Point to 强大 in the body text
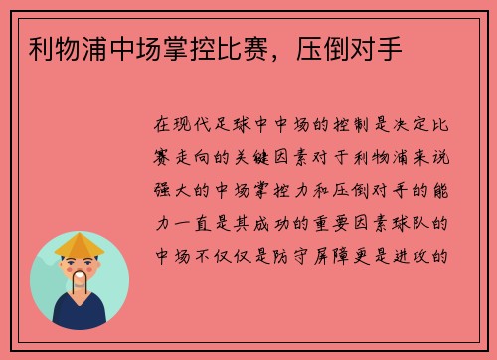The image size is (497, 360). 166,190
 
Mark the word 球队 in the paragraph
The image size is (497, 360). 414,222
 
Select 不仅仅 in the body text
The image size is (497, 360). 230,254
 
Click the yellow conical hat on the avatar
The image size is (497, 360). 80,243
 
